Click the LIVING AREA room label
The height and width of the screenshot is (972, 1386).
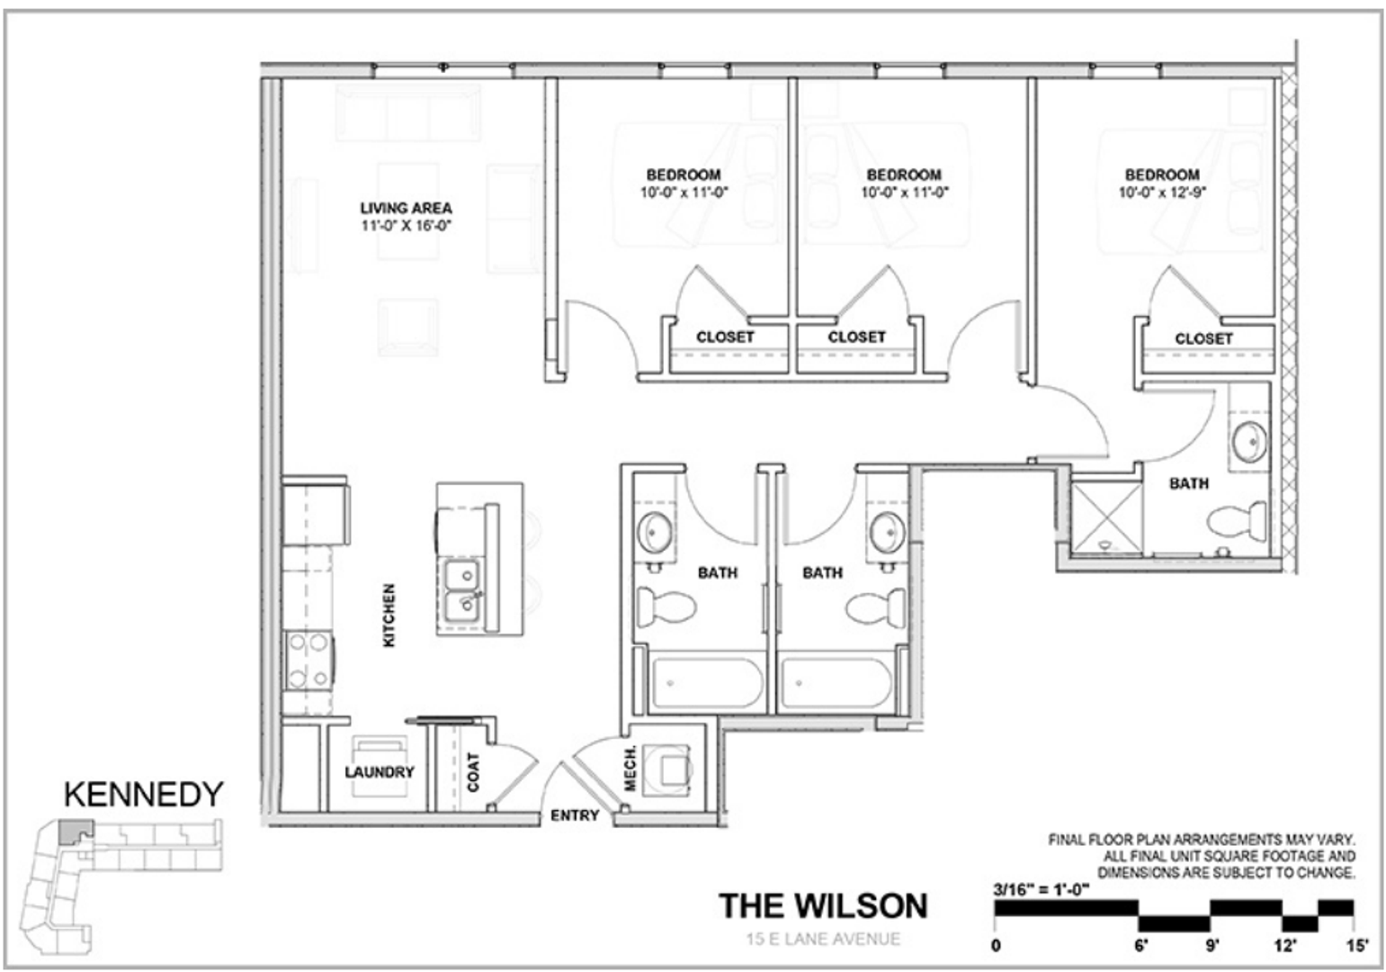pyautogui.click(x=406, y=208)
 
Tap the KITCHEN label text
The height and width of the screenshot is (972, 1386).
pyautogui.click(x=389, y=615)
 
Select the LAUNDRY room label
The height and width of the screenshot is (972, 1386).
pyautogui.click(x=379, y=772)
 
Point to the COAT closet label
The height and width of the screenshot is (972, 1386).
pyautogui.click(x=474, y=771)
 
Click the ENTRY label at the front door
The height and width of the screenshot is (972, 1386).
pyautogui.click(x=574, y=815)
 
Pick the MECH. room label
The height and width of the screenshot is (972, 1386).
pyautogui.click(x=630, y=768)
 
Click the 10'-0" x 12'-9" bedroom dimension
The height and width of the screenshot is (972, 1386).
pyautogui.click(x=1162, y=193)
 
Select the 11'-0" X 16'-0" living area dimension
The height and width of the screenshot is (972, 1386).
pyautogui.click(x=406, y=226)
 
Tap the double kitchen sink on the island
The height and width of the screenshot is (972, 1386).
pyautogui.click(x=462, y=589)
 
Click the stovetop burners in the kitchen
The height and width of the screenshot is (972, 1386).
pyautogui.click(x=308, y=660)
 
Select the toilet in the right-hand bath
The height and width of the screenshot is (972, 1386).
pyautogui.click(x=1236, y=521)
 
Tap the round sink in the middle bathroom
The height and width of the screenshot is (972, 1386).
pyautogui.click(x=888, y=531)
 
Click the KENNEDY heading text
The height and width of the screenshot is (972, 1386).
pyautogui.click(x=143, y=795)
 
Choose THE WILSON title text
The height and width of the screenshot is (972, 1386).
pyautogui.click(x=822, y=905)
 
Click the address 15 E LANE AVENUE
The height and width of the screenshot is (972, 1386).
pyautogui.click(x=822, y=940)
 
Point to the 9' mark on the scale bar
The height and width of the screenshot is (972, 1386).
pyautogui.click(x=1212, y=945)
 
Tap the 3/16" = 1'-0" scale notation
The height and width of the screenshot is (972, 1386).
pyautogui.click(x=1041, y=889)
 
